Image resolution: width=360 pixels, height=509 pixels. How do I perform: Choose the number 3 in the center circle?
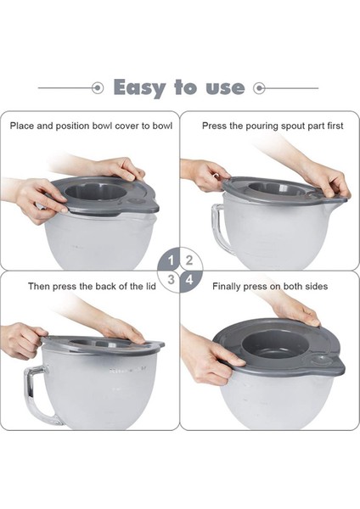[172, 278]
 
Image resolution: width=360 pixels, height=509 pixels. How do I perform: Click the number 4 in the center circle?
[189, 278]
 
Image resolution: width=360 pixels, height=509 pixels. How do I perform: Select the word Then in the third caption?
[40, 287]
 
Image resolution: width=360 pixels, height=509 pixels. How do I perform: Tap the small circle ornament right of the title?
[261, 87]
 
